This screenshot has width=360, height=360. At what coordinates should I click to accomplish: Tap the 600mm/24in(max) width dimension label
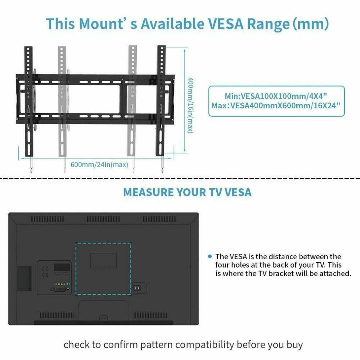[x=99, y=165]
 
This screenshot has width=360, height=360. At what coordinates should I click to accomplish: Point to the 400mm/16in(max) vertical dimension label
[x=190, y=105]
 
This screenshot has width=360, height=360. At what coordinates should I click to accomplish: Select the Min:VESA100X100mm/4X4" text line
[x=276, y=96]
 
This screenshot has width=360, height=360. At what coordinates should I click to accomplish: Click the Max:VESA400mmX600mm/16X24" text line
[x=276, y=105]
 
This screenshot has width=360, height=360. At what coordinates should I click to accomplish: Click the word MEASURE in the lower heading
[x=148, y=192]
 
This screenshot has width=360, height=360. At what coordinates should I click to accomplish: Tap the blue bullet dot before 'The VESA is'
[x=209, y=256]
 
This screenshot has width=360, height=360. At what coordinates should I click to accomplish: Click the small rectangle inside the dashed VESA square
[x=104, y=261]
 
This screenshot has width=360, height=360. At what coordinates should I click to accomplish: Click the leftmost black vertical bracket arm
[x=29, y=101]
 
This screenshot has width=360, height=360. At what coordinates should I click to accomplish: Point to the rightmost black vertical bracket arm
[x=161, y=101]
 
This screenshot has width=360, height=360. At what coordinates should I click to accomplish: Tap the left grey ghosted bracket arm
[x=62, y=101]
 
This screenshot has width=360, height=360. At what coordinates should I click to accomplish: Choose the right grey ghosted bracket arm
[x=132, y=101]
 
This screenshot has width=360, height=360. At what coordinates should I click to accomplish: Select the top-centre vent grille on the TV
[x=103, y=219]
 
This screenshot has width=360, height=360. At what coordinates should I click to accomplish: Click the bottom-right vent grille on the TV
[x=151, y=315]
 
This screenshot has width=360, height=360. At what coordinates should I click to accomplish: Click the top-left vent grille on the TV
[x=48, y=219]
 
